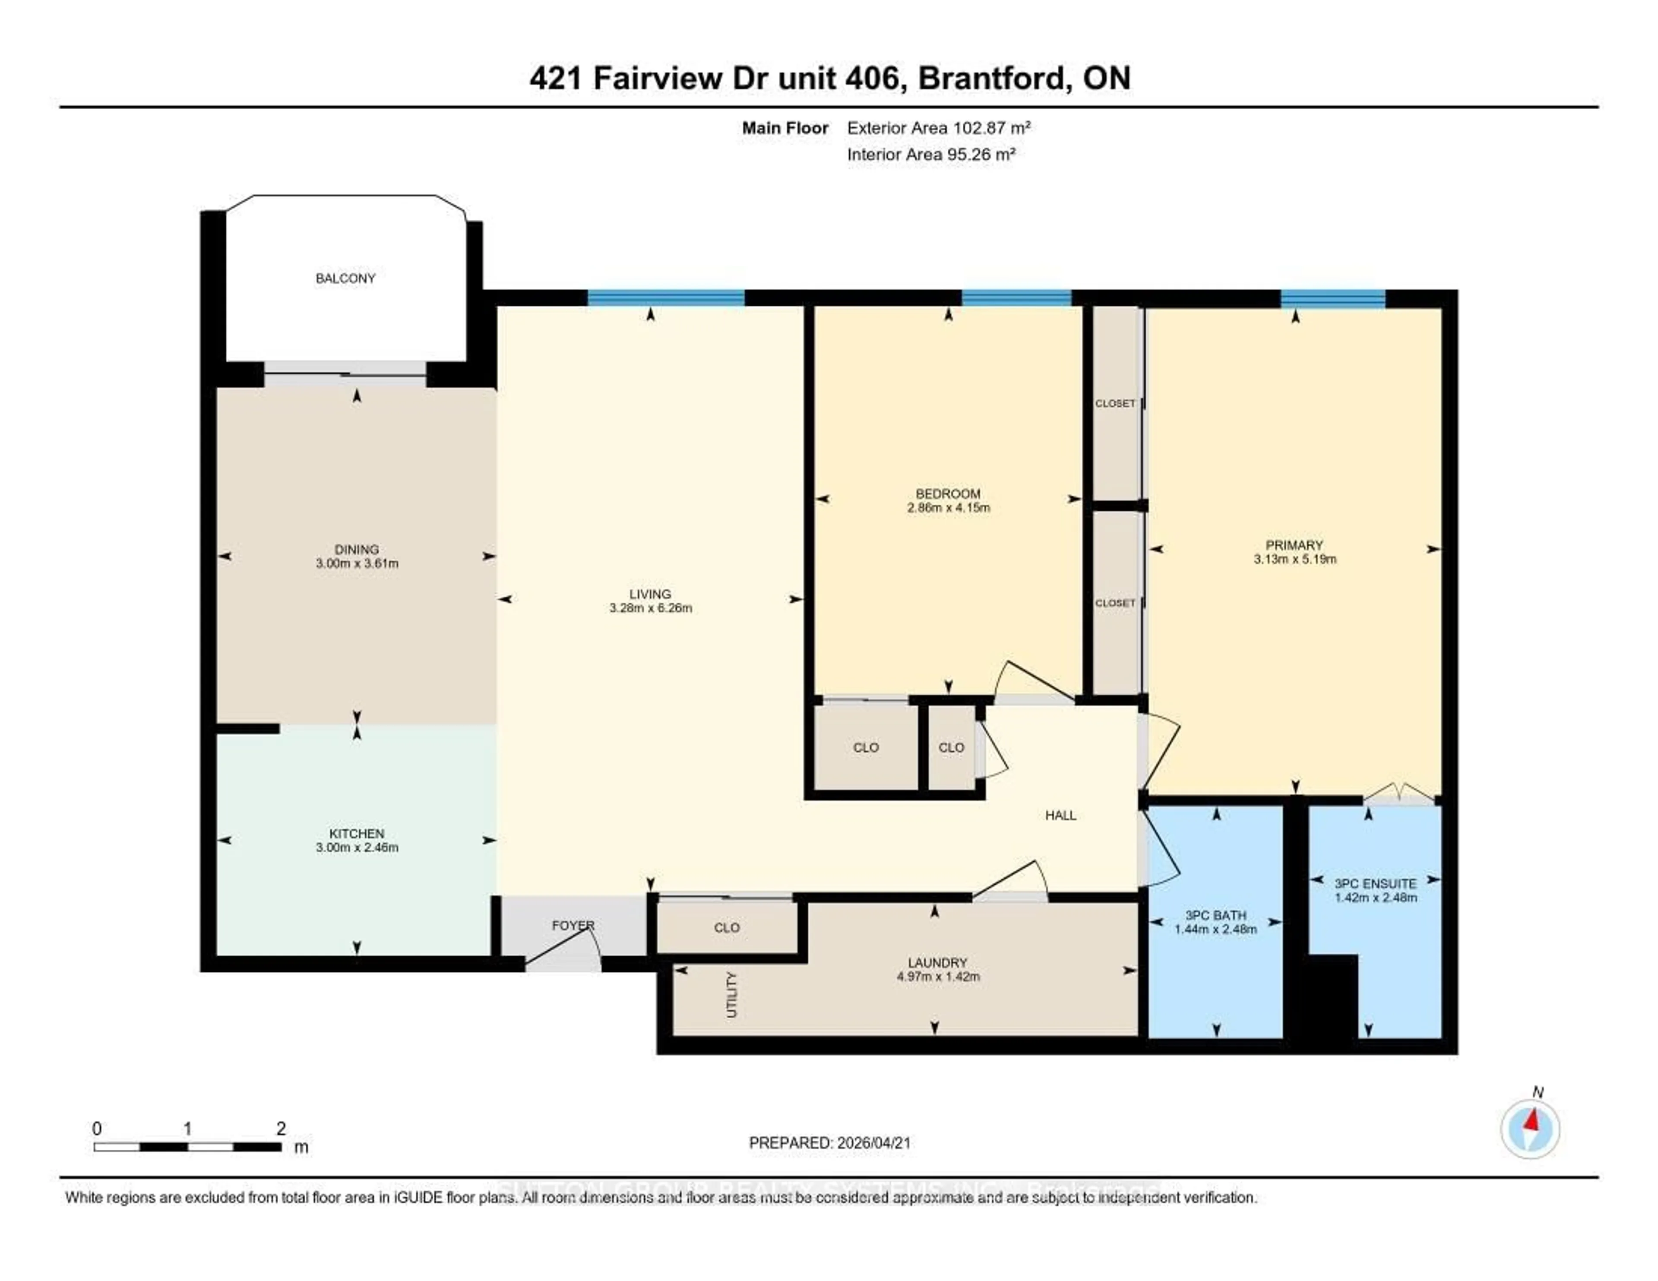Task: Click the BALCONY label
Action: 345,278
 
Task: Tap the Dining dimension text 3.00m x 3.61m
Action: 357,563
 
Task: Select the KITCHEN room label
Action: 357,833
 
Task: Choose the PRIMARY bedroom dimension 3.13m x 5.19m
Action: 1295,559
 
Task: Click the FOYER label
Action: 573,926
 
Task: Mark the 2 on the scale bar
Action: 281,1128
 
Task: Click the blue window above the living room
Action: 666,297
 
